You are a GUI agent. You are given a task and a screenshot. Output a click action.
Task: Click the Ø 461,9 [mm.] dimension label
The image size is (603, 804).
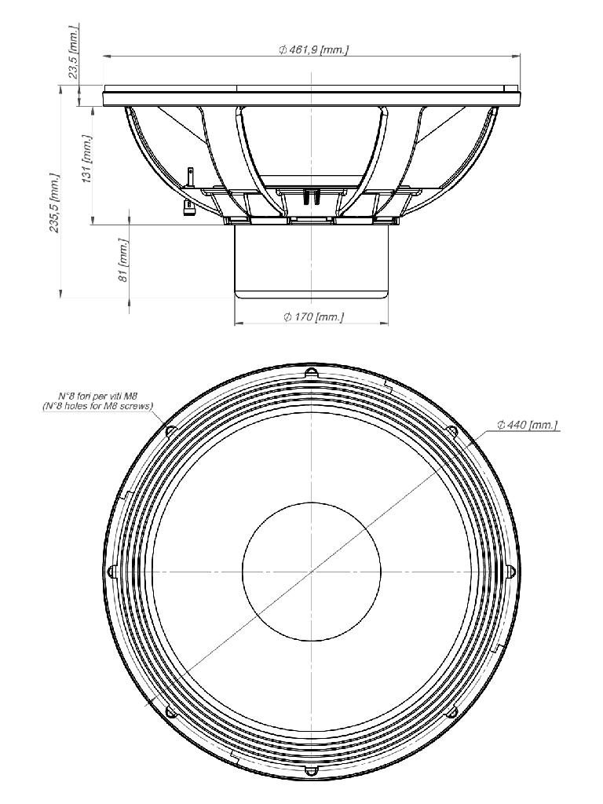(x=314, y=49)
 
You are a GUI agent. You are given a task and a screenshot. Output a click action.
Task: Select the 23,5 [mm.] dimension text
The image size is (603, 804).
(x=73, y=51)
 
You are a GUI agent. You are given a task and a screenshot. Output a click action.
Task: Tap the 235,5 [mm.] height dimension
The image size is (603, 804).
(x=54, y=203)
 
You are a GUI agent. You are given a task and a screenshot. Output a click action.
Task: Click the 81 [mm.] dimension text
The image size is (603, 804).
(x=122, y=260)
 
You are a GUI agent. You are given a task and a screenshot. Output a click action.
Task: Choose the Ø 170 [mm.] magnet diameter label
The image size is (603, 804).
(x=314, y=317)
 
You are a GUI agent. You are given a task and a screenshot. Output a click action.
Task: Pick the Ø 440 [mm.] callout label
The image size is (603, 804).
(x=527, y=425)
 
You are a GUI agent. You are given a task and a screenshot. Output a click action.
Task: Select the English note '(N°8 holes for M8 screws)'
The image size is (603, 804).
(x=97, y=406)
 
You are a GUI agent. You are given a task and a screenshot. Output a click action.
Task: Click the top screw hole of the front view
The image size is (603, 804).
(x=311, y=372)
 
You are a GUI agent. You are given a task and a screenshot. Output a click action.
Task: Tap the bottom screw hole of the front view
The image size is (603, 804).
(x=311, y=771)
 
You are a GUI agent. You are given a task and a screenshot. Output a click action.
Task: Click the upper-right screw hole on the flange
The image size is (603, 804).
(x=451, y=431)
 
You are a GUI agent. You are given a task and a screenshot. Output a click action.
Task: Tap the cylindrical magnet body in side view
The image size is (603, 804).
(x=311, y=261)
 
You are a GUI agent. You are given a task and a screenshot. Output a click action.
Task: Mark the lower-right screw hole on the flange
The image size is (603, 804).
(x=451, y=711)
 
